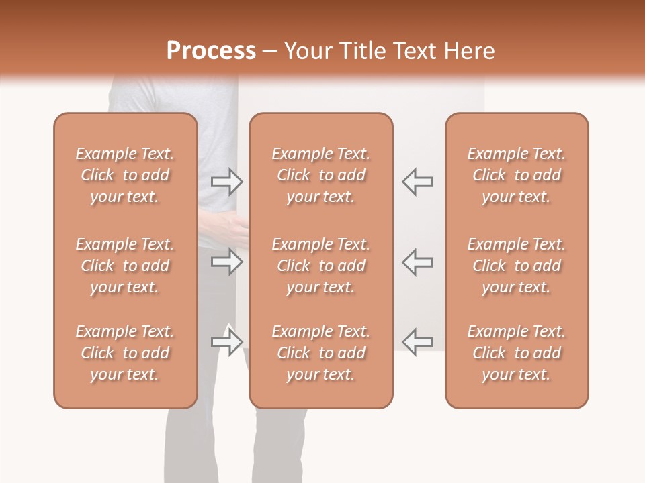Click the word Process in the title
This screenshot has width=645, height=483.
click(211, 51)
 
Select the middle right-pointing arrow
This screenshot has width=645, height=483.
click(226, 262)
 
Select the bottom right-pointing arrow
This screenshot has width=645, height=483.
click(226, 342)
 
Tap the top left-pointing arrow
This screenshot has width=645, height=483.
click(417, 181)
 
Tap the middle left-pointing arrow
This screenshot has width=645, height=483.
click(417, 262)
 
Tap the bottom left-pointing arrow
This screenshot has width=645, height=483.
click(417, 342)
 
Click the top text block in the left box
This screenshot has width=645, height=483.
click(125, 175)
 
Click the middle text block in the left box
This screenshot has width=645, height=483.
click(125, 266)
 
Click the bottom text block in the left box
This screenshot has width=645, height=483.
click(125, 353)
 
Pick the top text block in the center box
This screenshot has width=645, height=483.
click(320, 175)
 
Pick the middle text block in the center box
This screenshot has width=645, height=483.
click(320, 266)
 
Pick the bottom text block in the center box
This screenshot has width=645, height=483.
click(320, 353)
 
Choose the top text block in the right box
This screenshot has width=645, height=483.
click(516, 175)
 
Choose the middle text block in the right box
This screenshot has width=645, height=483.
click(516, 266)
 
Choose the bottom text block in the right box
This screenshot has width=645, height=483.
click(516, 353)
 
